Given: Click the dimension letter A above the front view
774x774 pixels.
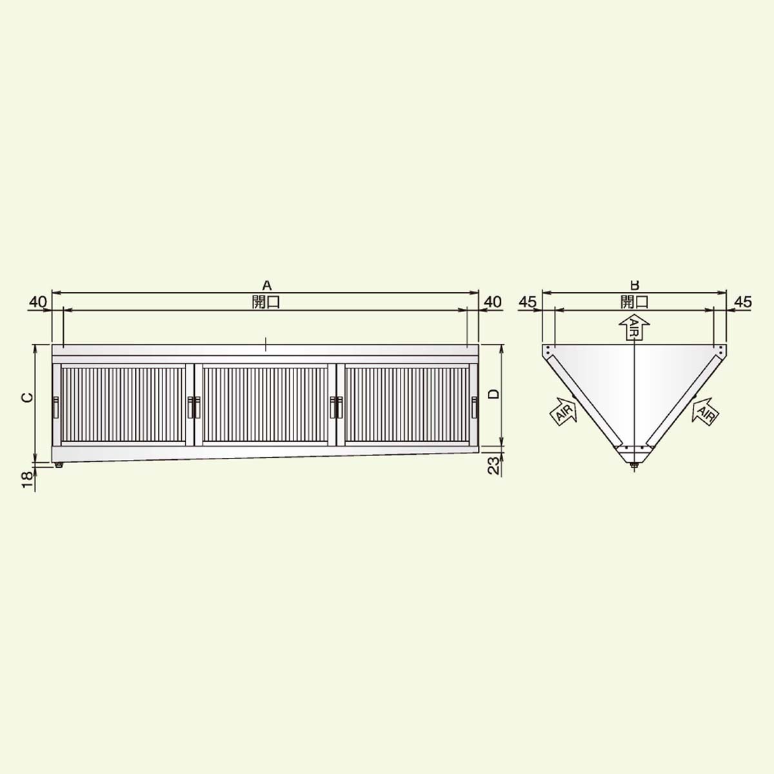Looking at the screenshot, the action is point(266,286).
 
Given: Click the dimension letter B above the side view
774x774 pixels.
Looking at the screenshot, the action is point(635,285).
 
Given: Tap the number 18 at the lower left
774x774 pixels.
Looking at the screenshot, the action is point(27,480).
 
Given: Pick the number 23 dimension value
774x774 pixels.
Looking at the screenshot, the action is point(495,466).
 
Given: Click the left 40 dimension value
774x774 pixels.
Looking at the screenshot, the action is point(38,302).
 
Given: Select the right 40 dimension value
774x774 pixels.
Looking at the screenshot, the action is point(492,302).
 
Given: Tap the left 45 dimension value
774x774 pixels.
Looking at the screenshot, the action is point(528,302).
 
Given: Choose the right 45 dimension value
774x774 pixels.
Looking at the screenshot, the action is point(742,302).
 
